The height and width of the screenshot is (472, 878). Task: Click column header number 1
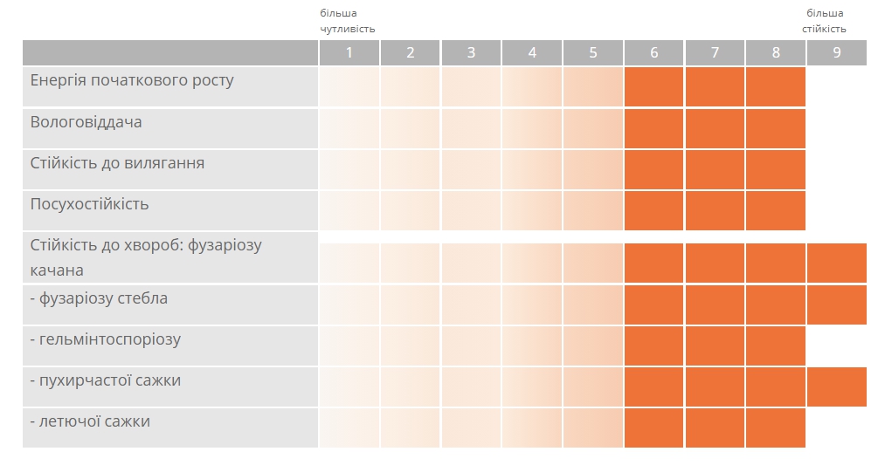coord(349,52)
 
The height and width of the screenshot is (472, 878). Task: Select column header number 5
coord(593,52)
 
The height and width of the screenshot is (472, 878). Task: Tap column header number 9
coord(837,52)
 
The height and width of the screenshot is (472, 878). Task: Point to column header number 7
coord(715,52)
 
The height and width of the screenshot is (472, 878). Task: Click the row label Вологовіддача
coord(86,122)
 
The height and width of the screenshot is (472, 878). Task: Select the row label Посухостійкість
coord(90,204)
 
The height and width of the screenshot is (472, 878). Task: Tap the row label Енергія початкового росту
coord(132,80)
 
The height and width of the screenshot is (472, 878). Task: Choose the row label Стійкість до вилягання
coord(118,163)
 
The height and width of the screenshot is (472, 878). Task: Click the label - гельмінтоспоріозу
coord(105,339)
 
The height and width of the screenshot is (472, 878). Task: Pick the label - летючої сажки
coord(90,421)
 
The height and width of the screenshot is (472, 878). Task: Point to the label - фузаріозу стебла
coord(99,298)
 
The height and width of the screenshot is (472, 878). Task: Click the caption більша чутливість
coord(347,21)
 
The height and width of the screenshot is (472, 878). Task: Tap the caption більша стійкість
coord(824,21)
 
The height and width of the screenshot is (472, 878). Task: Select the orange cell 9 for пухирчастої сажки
coord(837,387)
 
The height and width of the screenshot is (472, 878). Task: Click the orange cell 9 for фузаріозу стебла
coord(837,304)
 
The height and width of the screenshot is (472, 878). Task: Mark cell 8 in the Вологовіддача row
coord(776,128)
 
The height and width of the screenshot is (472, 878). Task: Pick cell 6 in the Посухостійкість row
coord(654,210)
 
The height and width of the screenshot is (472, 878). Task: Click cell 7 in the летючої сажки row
coord(715,428)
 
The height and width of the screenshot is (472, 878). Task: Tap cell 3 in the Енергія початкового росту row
coord(471,86)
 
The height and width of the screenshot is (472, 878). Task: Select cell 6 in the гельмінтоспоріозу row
coord(654,346)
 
